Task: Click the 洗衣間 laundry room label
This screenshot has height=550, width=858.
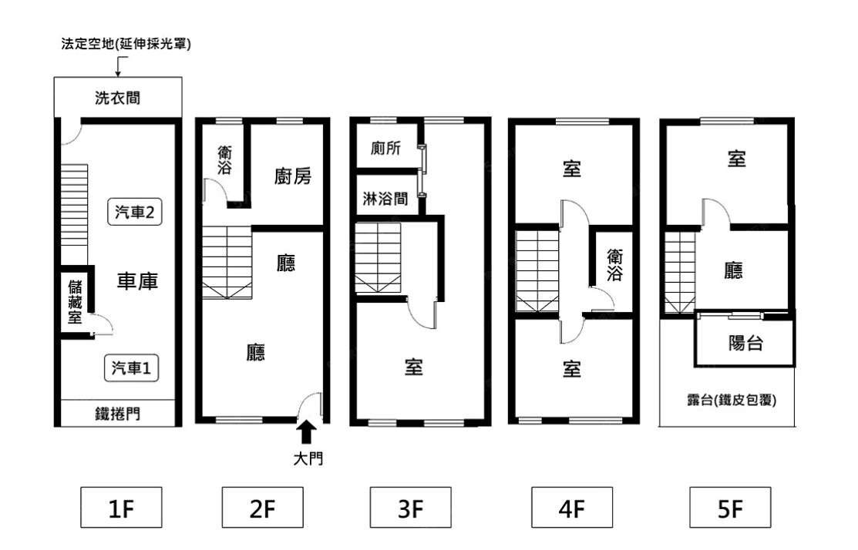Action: coord(118,98)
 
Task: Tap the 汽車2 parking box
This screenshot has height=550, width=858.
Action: coord(135,212)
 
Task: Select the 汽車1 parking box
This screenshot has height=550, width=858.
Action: coord(131,368)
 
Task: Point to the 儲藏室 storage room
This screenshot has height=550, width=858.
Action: coord(75,302)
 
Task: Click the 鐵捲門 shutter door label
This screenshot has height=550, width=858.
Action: coord(118,414)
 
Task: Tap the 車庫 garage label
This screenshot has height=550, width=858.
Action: coord(137,281)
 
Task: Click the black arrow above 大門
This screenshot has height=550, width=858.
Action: coord(307,431)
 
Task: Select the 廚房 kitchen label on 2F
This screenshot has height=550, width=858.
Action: coord(293,176)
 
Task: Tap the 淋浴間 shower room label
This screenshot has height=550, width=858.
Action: coord(385,199)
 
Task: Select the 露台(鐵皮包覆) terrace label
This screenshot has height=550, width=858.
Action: coord(732,401)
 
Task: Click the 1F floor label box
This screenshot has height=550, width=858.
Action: coord(121,508)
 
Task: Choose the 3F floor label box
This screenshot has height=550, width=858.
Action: coord(410,508)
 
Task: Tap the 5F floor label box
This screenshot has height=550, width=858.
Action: coord(730,508)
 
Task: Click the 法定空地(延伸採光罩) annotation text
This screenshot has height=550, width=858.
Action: coord(126,44)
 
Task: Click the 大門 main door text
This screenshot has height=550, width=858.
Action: coord(308,458)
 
